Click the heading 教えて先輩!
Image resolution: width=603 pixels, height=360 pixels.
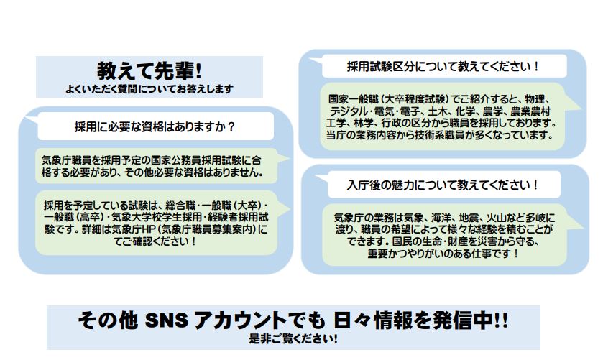(x=149, y=70)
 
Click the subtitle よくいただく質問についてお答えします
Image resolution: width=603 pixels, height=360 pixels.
(x=149, y=89)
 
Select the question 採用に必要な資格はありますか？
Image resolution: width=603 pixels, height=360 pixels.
(x=155, y=126)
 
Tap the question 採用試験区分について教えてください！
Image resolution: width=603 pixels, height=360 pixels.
(x=443, y=66)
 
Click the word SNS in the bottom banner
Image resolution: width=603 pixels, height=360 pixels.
(x=167, y=320)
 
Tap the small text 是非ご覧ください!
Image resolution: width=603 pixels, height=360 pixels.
(x=293, y=339)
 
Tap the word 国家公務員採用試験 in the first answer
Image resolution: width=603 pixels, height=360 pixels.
(x=196, y=160)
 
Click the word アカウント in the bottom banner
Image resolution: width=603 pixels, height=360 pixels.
(x=240, y=320)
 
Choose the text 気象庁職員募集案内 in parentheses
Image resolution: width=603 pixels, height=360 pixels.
(x=207, y=230)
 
